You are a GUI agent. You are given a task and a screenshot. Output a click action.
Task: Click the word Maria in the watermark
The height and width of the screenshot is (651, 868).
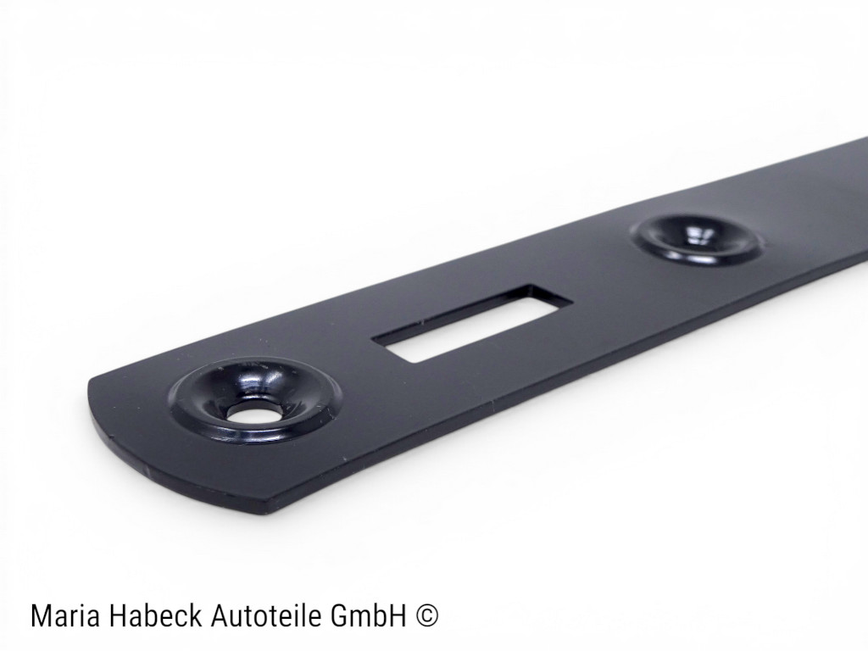(x=63, y=616)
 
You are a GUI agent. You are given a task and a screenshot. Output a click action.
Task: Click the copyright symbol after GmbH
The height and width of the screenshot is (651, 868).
(x=428, y=616)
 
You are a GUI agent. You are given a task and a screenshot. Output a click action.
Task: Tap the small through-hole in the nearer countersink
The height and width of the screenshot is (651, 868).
(x=250, y=413)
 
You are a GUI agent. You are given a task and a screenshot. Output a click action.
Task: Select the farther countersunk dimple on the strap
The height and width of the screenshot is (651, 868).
(x=698, y=237)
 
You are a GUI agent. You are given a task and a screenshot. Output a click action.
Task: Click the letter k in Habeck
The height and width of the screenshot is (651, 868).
(x=192, y=616)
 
